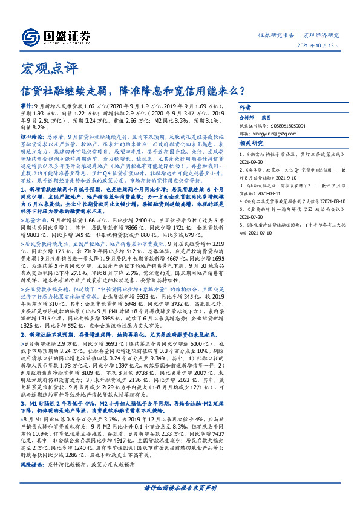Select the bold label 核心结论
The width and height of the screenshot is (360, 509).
[28, 137]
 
